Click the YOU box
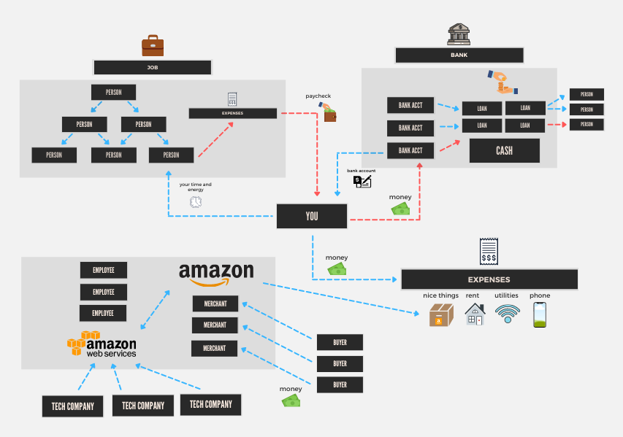312,216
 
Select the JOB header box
153,68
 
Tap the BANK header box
459,55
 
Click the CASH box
504,151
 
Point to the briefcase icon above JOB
152,45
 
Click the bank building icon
459,34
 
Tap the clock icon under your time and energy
195,202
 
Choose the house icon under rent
475,314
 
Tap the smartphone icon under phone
540,314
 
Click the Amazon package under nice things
441,315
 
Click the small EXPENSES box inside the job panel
233,113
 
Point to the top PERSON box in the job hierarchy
114,93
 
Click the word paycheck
318,96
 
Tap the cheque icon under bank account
362,182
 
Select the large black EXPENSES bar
489,279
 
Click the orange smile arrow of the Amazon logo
216,282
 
